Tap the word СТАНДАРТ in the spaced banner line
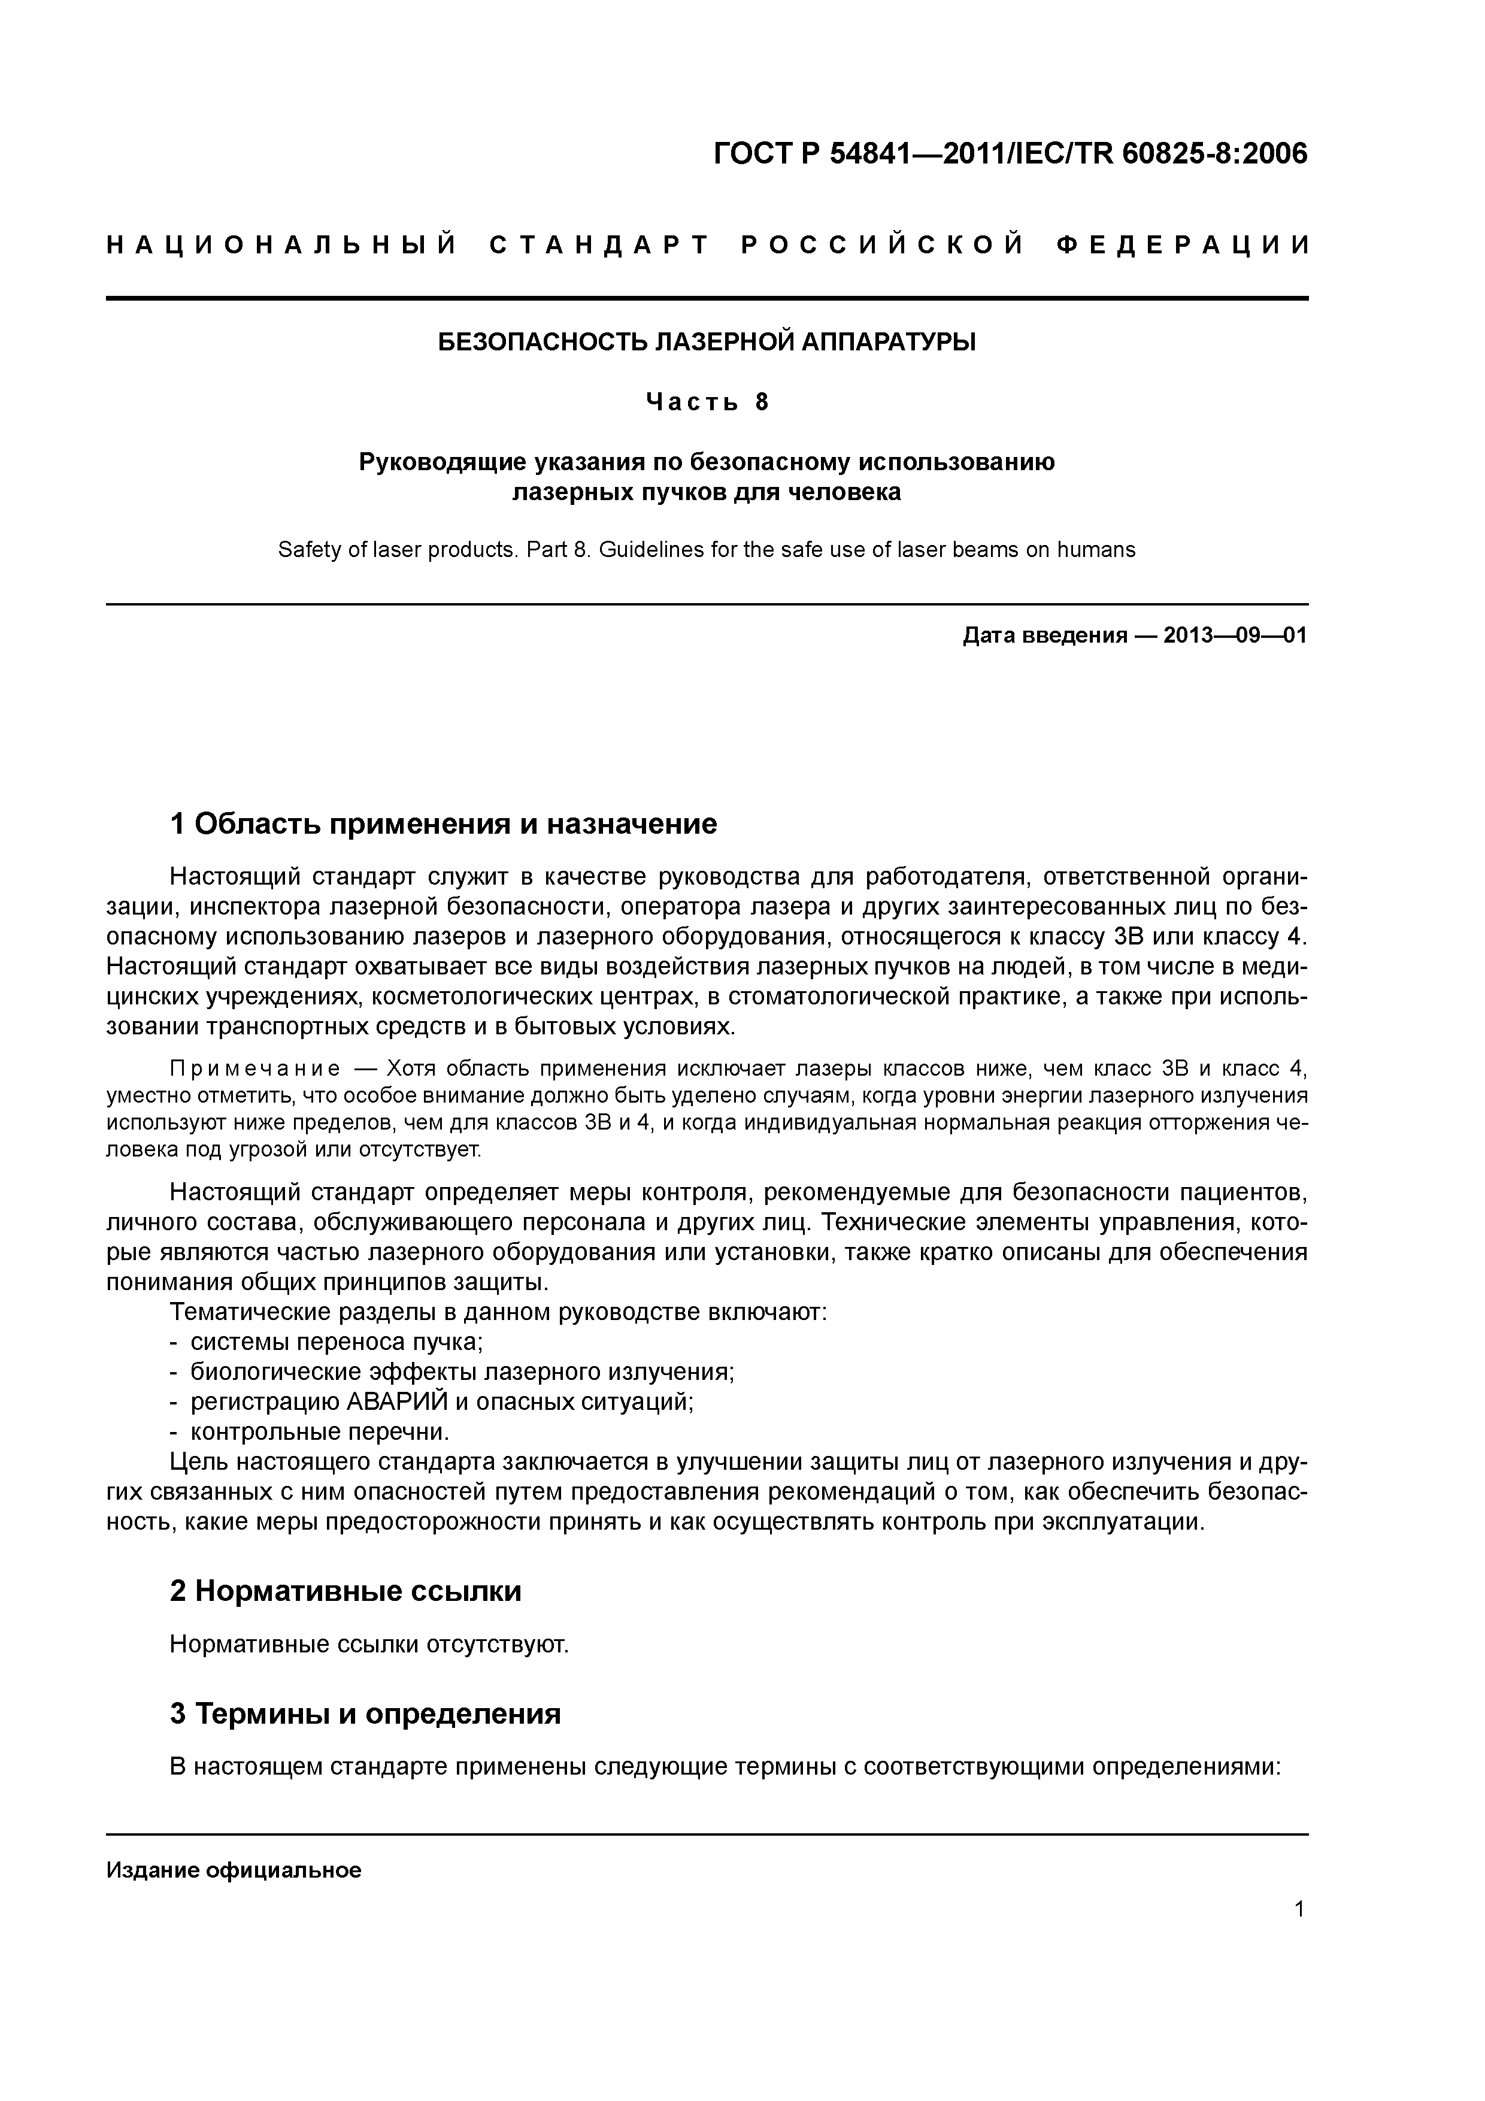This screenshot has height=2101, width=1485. pyautogui.click(x=599, y=245)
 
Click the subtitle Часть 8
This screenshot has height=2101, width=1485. pyautogui.click(x=707, y=402)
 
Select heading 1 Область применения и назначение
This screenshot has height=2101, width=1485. pyautogui.click(x=444, y=825)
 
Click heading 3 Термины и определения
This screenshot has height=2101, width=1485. pyautogui.click(x=365, y=1739)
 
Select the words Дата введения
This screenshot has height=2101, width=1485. pyautogui.click(x=1044, y=635)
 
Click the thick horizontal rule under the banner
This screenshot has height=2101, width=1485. pyautogui.click(x=707, y=298)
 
